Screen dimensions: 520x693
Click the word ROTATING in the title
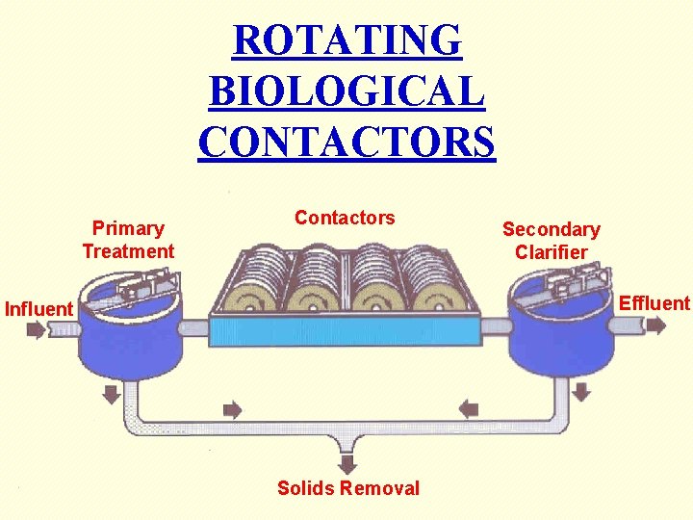pos(346,40)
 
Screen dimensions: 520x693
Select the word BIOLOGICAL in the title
pos(346,91)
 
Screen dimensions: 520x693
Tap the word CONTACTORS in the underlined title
pos(346,142)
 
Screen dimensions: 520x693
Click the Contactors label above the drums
pos(345,218)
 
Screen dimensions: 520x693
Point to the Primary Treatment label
pos(128,240)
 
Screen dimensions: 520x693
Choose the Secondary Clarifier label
pos(551,241)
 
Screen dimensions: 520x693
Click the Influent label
pos(38,309)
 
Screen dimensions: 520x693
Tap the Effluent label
pos(654,303)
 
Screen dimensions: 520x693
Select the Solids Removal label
pos(348,488)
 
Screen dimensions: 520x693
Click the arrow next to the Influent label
pos(35,330)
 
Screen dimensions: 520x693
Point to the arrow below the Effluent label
pos(655,325)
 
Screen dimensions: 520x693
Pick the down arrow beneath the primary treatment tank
pos(112,393)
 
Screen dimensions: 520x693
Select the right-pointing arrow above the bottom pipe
pos(232,408)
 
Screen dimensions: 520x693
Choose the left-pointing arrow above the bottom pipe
pos(468,408)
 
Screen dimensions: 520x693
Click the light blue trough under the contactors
pos(346,332)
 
